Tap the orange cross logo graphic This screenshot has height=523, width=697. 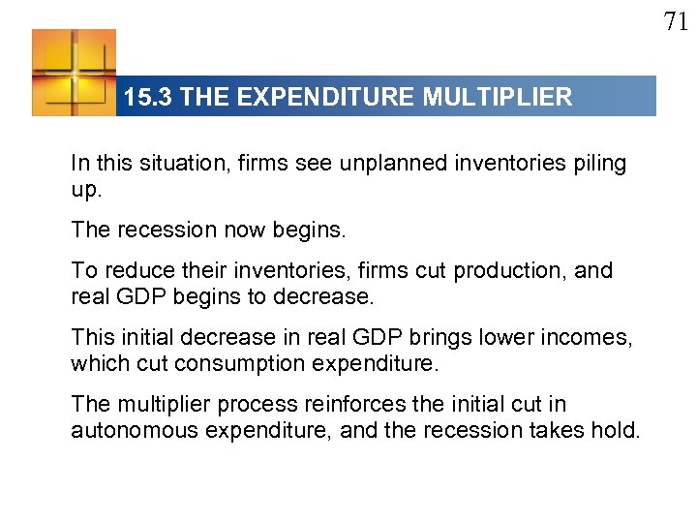[74, 72]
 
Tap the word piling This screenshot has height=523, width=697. [600, 164]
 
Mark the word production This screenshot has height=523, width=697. [509, 270]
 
